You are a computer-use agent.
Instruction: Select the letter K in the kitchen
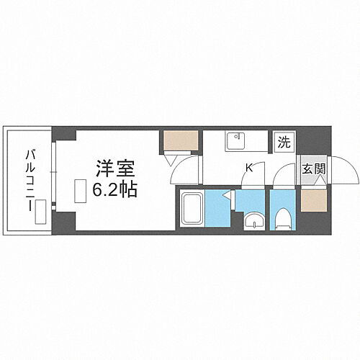249,168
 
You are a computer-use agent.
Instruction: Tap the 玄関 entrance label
313,169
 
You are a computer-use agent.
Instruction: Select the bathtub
191,209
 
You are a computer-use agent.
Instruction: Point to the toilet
283,217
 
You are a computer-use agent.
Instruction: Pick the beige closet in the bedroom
179,141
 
